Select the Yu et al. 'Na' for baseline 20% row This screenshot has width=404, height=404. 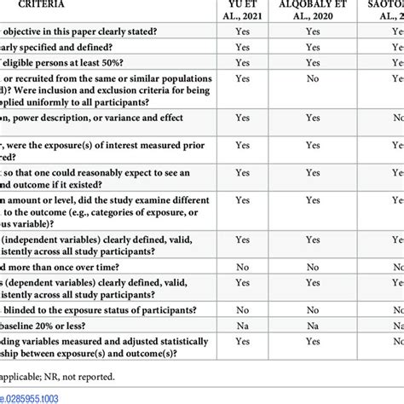[242, 324]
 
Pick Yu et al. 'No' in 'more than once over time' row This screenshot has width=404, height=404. [242, 266]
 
